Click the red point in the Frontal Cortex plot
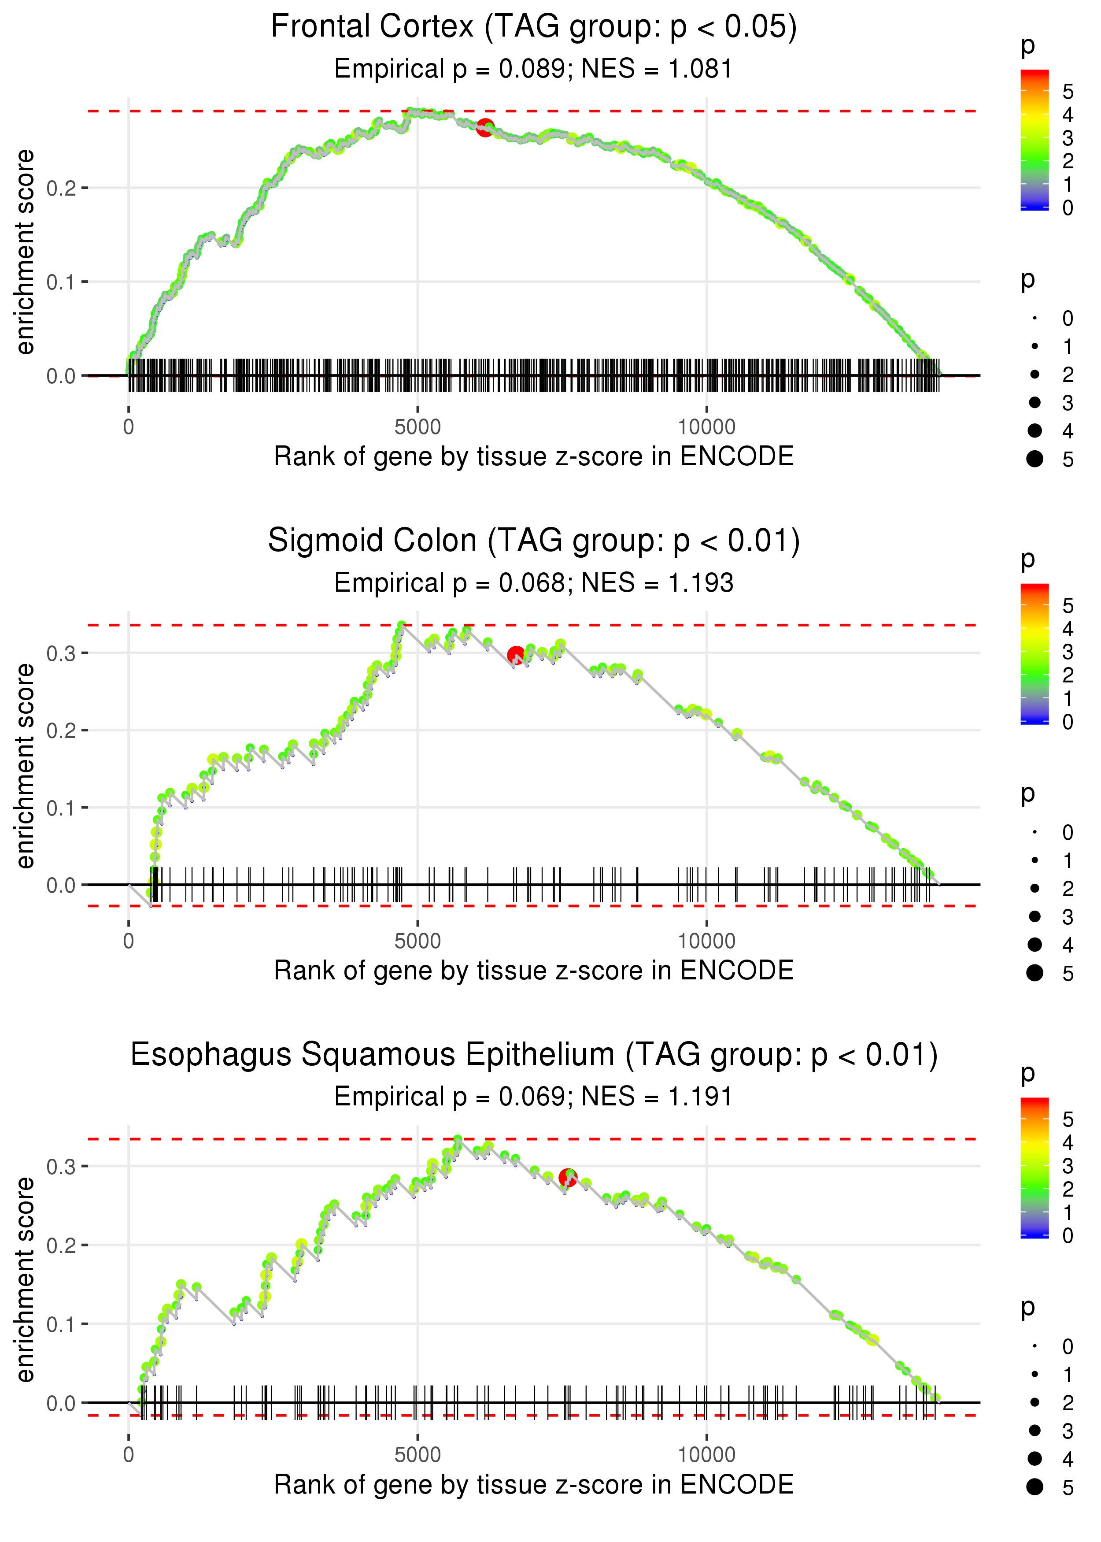[485, 127]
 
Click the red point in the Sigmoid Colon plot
[516, 654]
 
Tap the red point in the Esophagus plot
[567, 1178]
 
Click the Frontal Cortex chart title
[534, 27]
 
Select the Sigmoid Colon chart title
[534, 541]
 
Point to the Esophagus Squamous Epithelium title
[534, 1055]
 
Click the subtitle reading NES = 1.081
[534, 69]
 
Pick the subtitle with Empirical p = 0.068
[534, 583]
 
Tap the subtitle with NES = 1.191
[534, 1097]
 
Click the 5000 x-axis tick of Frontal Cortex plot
[417, 427]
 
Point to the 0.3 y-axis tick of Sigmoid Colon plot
[60, 654]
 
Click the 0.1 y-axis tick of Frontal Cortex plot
[60, 282]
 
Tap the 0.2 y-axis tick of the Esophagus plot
[60, 1245]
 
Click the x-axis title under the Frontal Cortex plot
[534, 456]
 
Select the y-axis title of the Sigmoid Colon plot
[25, 766]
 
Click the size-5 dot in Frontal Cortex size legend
[1034, 459]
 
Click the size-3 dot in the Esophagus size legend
[1034, 1430]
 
